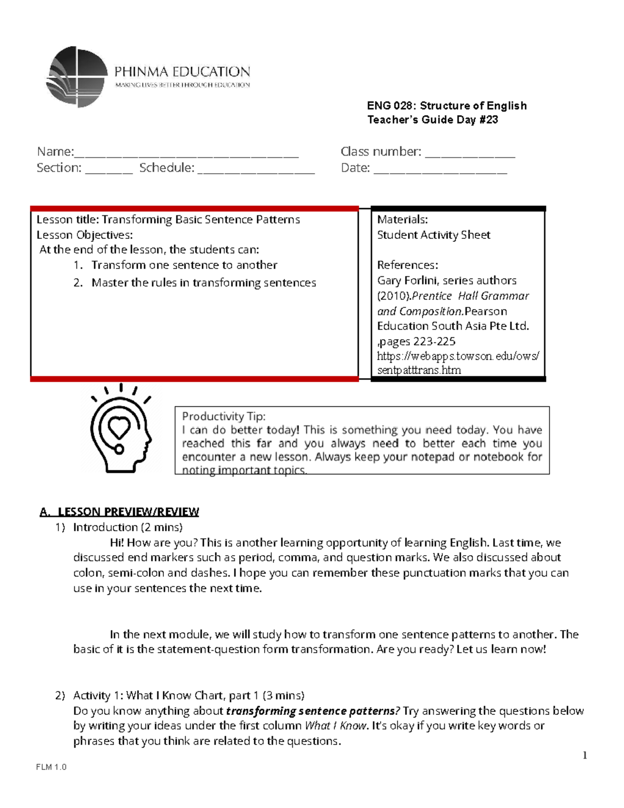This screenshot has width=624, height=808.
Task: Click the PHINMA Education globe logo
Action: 77,76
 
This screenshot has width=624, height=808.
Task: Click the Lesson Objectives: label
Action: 84,235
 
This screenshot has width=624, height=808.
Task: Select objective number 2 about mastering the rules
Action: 203,283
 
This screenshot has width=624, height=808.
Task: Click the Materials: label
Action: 402,220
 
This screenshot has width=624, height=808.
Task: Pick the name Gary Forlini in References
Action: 407,280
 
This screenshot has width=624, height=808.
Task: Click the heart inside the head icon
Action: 119,427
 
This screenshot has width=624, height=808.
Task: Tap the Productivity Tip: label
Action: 224,416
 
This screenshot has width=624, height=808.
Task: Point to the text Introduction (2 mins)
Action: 127,527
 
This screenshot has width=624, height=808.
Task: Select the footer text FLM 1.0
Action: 51,767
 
